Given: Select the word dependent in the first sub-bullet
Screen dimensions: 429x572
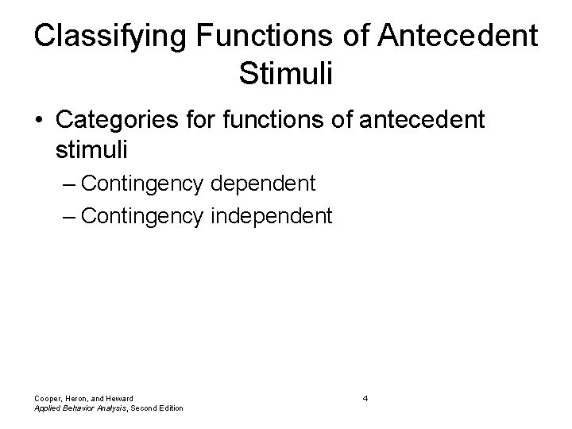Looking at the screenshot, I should coord(263,184).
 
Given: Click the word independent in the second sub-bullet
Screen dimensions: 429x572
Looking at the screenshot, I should coord(272,214).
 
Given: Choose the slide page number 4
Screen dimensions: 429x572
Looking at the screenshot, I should coord(365,398).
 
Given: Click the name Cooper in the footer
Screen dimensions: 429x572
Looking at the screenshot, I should coord(48,398).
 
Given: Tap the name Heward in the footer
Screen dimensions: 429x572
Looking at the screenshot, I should coord(118,398).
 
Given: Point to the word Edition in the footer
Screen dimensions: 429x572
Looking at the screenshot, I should coord(168,408).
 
